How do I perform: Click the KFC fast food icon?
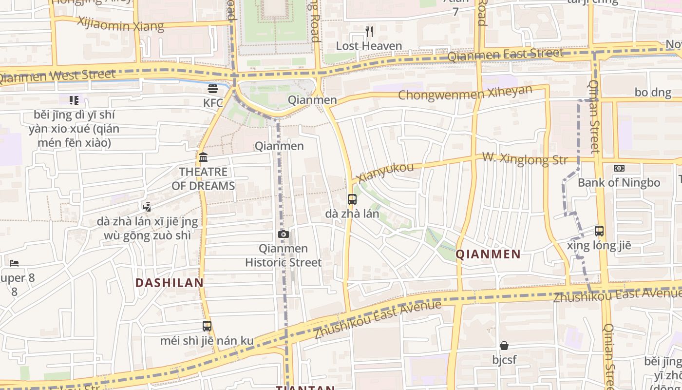(x=213, y=89)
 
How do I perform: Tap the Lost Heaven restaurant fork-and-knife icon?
(x=369, y=32)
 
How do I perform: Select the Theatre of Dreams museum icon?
(x=203, y=157)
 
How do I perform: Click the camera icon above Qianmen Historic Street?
(x=283, y=234)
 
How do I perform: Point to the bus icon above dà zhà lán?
(x=352, y=199)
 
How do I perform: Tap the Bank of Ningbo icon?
(x=619, y=168)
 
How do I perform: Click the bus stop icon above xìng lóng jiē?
(x=599, y=231)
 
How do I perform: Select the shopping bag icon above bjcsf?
(x=504, y=346)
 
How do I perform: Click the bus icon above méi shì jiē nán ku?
(x=207, y=326)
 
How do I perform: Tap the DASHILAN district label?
(x=170, y=283)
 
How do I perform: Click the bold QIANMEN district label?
(x=488, y=254)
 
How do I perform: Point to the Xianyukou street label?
(x=385, y=173)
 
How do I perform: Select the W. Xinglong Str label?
(x=525, y=158)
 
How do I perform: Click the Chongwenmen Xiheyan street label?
(x=465, y=93)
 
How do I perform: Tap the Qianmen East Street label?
(x=505, y=55)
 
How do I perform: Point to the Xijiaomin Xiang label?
(x=120, y=24)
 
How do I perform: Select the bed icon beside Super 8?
(x=14, y=263)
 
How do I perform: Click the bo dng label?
(x=653, y=93)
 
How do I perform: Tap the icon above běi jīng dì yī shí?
(x=74, y=100)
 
